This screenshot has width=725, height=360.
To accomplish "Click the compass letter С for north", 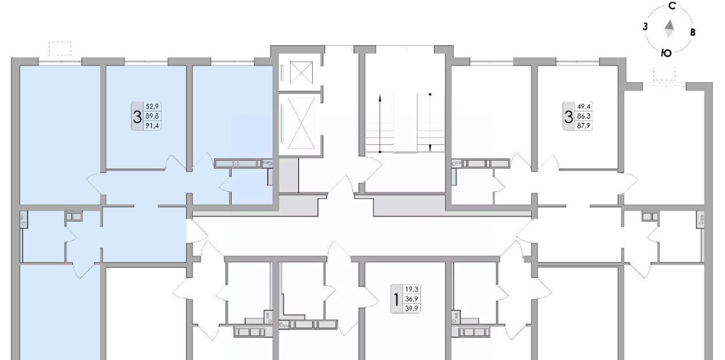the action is (x=672, y=6).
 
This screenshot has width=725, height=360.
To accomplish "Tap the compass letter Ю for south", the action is (x=666, y=53).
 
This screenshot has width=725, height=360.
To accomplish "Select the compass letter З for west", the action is (x=645, y=27).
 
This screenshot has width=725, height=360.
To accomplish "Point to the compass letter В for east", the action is (x=693, y=32).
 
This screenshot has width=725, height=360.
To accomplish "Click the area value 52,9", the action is (x=152, y=106).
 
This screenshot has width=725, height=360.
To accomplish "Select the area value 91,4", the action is (x=152, y=126).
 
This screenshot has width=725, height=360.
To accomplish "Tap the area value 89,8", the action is (x=152, y=116).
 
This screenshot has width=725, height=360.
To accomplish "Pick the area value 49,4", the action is (x=583, y=106).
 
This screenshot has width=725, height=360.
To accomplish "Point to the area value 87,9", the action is (x=583, y=126).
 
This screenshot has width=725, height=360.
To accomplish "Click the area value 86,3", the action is (x=583, y=116).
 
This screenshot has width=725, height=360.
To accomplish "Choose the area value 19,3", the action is (x=411, y=289).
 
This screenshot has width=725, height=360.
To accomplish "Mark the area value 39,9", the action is (x=411, y=308).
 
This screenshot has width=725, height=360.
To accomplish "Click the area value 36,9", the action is (x=411, y=299).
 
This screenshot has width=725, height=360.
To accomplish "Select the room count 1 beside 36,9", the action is (x=396, y=299).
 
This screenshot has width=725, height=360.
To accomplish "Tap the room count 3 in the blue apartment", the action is (x=137, y=117).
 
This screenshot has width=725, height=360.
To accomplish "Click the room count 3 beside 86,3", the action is (x=569, y=117).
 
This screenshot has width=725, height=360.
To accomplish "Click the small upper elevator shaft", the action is (x=301, y=72).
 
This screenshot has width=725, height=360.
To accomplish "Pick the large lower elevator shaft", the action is (x=301, y=123).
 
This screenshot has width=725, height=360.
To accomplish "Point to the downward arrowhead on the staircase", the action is (x=430, y=148).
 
